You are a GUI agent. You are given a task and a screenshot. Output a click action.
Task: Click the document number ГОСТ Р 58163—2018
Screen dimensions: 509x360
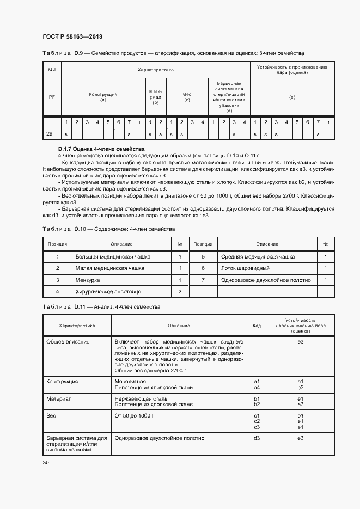click(72, 37)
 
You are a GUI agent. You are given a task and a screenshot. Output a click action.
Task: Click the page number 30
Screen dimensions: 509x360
click(45, 463)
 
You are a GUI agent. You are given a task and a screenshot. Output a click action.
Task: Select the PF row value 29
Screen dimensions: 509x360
click(50, 134)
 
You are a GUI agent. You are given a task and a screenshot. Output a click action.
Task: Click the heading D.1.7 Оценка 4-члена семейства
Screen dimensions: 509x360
click(101, 149)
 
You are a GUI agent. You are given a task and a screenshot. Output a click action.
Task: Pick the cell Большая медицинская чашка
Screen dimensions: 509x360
click(113, 256)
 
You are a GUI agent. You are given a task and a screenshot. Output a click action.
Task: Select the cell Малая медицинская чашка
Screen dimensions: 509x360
click(109, 268)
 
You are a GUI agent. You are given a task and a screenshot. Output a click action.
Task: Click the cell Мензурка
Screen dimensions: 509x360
click(88, 280)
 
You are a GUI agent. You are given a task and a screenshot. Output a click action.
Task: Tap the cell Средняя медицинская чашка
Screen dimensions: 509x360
click(258, 256)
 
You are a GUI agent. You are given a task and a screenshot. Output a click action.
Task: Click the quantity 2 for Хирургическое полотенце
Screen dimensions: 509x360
click(179, 292)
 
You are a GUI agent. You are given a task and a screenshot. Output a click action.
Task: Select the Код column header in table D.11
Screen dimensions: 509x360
click(257, 326)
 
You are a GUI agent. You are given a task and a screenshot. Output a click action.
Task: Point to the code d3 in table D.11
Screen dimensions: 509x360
click(257, 438)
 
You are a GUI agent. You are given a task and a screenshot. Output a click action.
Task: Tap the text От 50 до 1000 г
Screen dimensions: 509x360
click(135, 415)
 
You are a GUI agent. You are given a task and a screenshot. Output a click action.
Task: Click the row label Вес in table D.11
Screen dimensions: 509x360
click(52, 415)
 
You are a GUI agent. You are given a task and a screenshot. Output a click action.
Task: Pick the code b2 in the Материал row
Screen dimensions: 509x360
click(257, 404)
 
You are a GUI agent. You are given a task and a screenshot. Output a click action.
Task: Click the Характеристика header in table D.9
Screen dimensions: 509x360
click(155, 70)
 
